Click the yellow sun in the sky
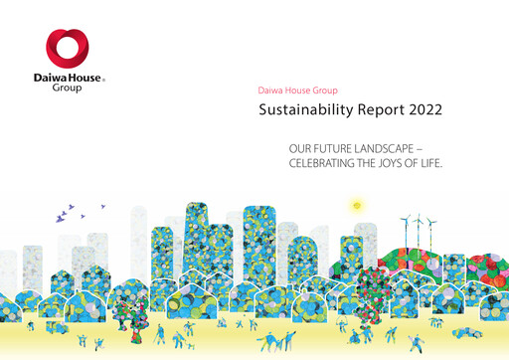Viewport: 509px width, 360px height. coord(356,206)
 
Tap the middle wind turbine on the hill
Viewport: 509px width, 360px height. coord(419,223)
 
